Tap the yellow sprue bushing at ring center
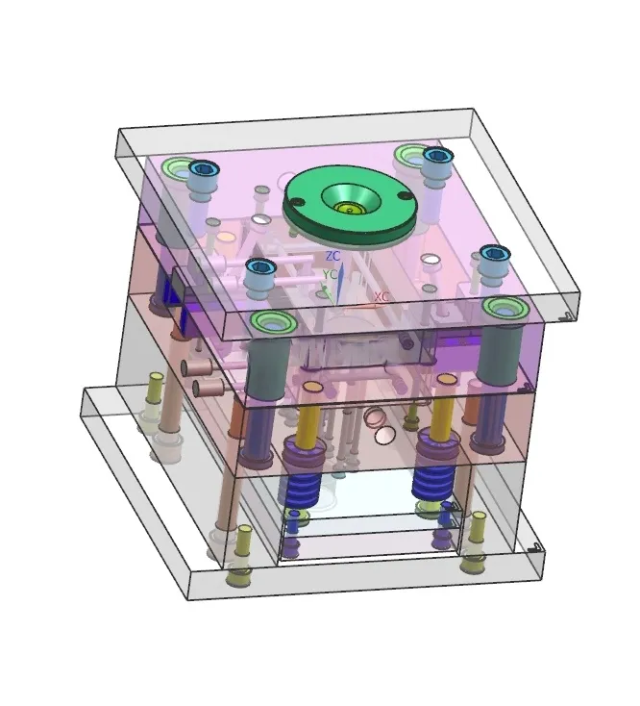click(350, 208)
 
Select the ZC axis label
click(332, 256)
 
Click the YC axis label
click(330, 274)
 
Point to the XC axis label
click(382, 296)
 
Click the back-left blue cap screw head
click(205, 169)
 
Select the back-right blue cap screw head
click(437, 156)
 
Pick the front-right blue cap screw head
click(495, 254)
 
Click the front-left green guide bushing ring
click(273, 322)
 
